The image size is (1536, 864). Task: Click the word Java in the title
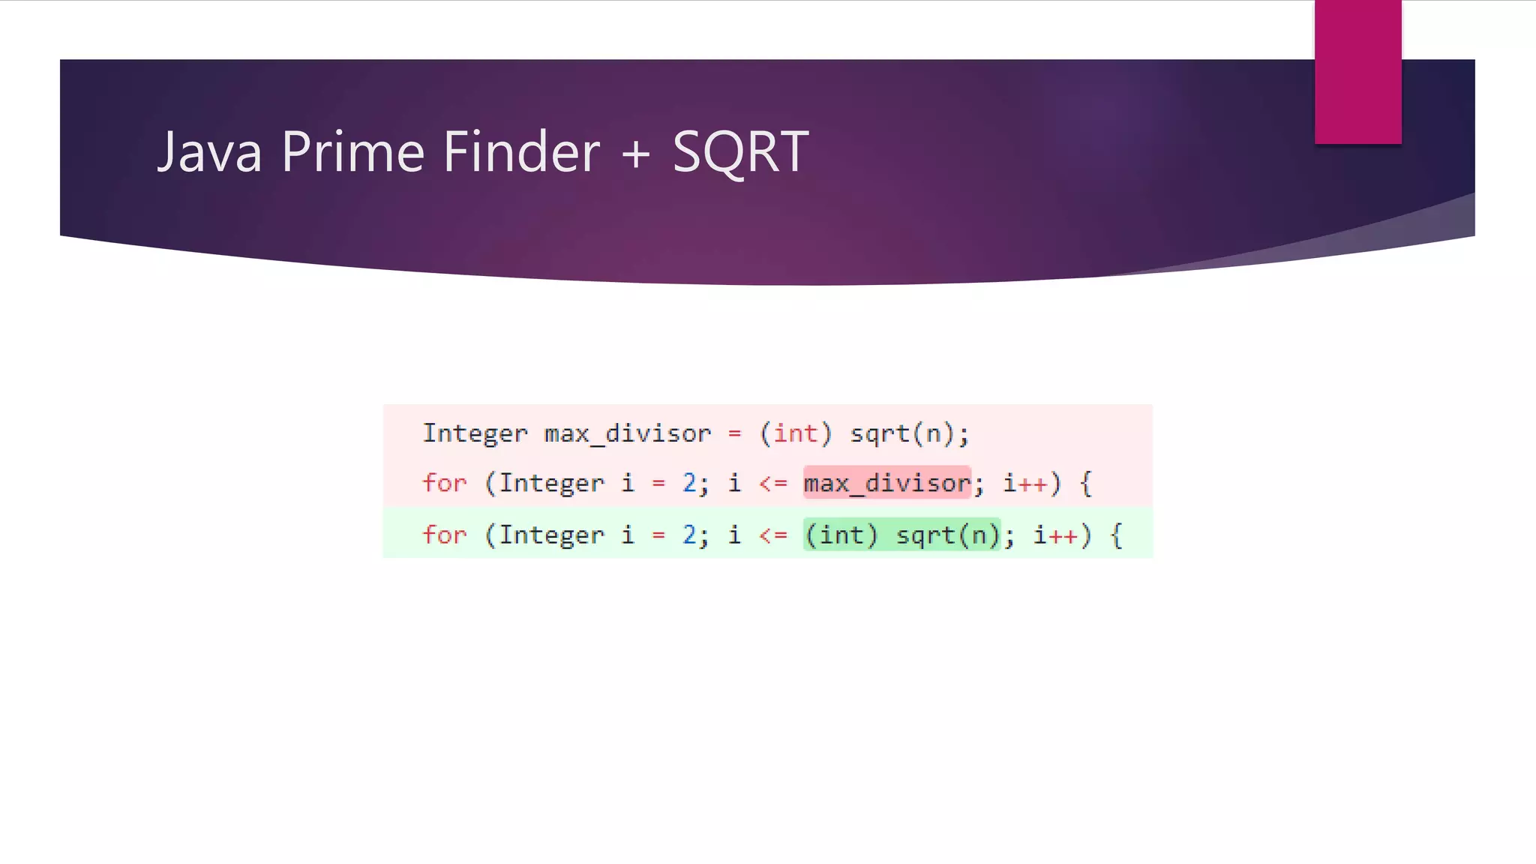click(210, 152)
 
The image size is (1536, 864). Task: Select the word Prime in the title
click(353, 152)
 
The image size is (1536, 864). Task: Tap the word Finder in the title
click(522, 152)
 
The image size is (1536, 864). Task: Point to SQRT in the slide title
click(740, 152)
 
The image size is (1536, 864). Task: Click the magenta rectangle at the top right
click(1357, 72)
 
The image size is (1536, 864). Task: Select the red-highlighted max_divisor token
click(887, 483)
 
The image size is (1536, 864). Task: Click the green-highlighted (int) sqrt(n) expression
click(902, 535)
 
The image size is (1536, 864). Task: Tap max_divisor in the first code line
click(627, 433)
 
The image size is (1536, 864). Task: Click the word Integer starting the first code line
click(475, 433)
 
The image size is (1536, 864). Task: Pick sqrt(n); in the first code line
click(910, 433)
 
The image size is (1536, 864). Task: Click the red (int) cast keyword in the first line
click(796, 433)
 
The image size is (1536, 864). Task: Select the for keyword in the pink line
click(445, 483)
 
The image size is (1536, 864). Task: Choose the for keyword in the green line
click(445, 535)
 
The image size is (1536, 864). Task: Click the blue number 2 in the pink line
click(689, 483)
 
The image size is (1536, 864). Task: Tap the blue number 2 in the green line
click(689, 535)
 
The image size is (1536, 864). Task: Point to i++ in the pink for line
click(1025, 483)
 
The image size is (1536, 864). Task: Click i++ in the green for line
click(1055, 535)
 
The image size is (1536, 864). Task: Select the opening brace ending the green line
click(1117, 535)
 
